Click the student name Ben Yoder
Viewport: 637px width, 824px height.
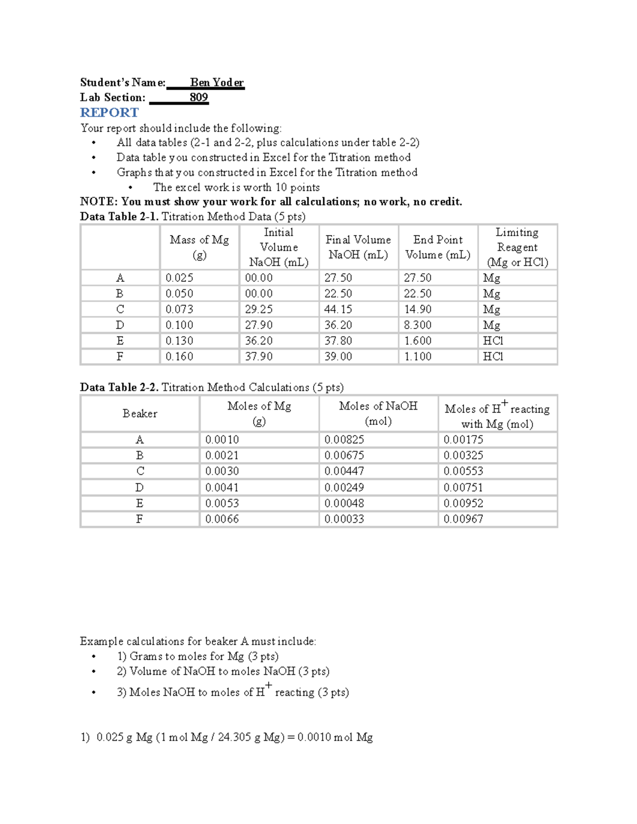point(217,82)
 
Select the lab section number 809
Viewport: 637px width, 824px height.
point(199,97)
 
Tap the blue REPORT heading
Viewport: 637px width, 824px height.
point(109,112)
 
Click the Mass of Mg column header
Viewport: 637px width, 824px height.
point(199,247)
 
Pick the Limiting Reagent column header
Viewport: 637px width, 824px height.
point(517,247)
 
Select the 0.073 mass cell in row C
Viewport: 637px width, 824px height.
point(179,309)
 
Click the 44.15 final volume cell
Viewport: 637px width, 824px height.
point(338,309)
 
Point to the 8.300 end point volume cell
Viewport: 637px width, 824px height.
point(418,325)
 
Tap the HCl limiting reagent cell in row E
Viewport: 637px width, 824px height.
point(493,341)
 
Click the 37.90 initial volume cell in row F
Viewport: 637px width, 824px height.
point(259,357)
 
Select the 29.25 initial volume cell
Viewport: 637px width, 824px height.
point(259,309)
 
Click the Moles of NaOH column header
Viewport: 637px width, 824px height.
point(378,413)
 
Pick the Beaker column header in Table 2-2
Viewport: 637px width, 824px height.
point(140,413)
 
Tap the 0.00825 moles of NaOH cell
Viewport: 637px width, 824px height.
point(344,440)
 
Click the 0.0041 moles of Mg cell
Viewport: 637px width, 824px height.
point(222,487)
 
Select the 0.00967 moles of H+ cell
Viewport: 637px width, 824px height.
point(463,519)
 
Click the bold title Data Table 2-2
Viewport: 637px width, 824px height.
point(119,387)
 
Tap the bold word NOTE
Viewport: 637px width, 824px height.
point(98,202)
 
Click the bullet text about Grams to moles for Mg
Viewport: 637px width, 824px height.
point(197,656)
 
